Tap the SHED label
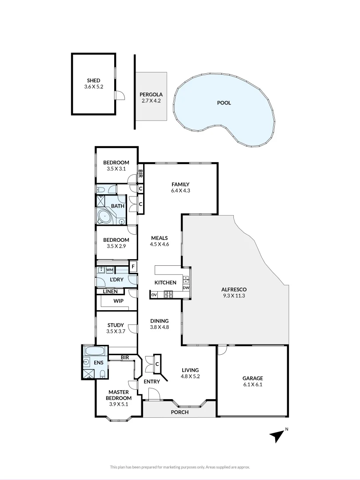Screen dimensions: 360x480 [93, 80]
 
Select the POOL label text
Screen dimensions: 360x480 [224, 103]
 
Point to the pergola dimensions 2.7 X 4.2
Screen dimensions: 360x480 [151, 100]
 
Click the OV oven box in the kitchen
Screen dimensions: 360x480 [154, 295]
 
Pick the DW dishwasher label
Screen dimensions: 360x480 [186, 288]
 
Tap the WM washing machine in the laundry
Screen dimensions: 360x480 [110, 270]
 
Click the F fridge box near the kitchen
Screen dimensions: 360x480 [133, 266]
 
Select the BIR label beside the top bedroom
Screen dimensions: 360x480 [140, 175]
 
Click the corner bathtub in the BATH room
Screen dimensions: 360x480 [105, 217]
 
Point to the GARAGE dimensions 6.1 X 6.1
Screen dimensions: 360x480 [252, 384]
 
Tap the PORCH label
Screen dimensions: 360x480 [180, 412]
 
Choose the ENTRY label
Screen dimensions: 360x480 [152, 381]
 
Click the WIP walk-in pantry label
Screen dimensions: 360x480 [119, 301]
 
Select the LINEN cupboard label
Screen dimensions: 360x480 [110, 292]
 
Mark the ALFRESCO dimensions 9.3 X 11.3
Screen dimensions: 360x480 [234, 296]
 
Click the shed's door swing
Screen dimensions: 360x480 [120, 95]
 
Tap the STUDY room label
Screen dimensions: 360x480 [116, 325]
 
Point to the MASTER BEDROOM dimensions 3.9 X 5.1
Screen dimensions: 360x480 [119, 404]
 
